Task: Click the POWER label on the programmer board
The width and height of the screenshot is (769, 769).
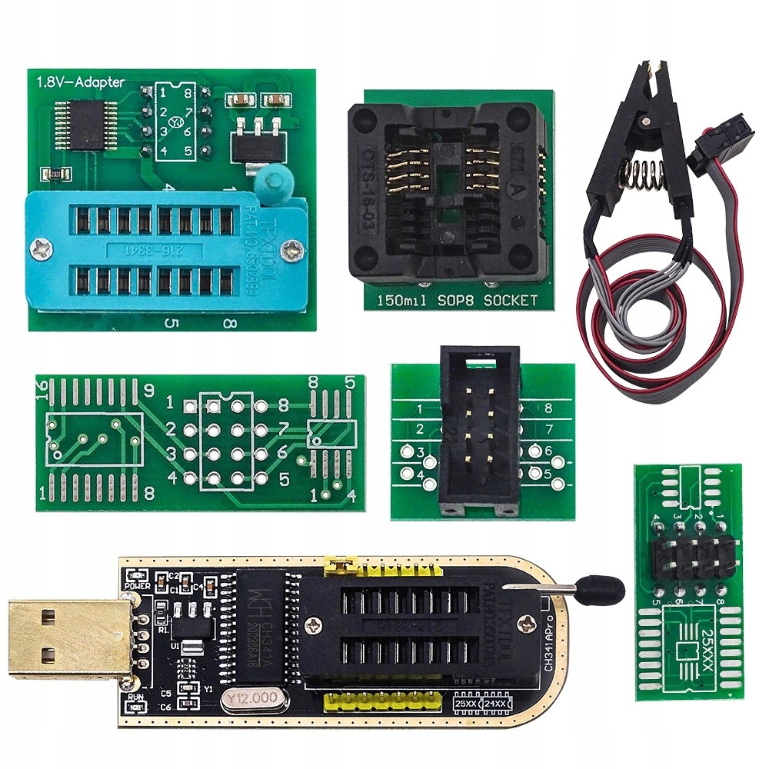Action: pos(136,584)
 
